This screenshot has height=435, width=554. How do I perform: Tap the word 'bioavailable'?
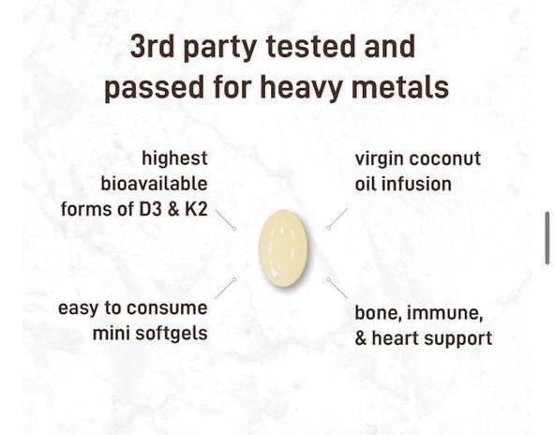(154, 183)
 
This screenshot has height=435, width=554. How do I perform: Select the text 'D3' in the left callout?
(150, 208)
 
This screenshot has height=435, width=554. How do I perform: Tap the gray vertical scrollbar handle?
(547, 237)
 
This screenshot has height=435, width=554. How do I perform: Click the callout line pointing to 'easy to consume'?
(225, 288)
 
